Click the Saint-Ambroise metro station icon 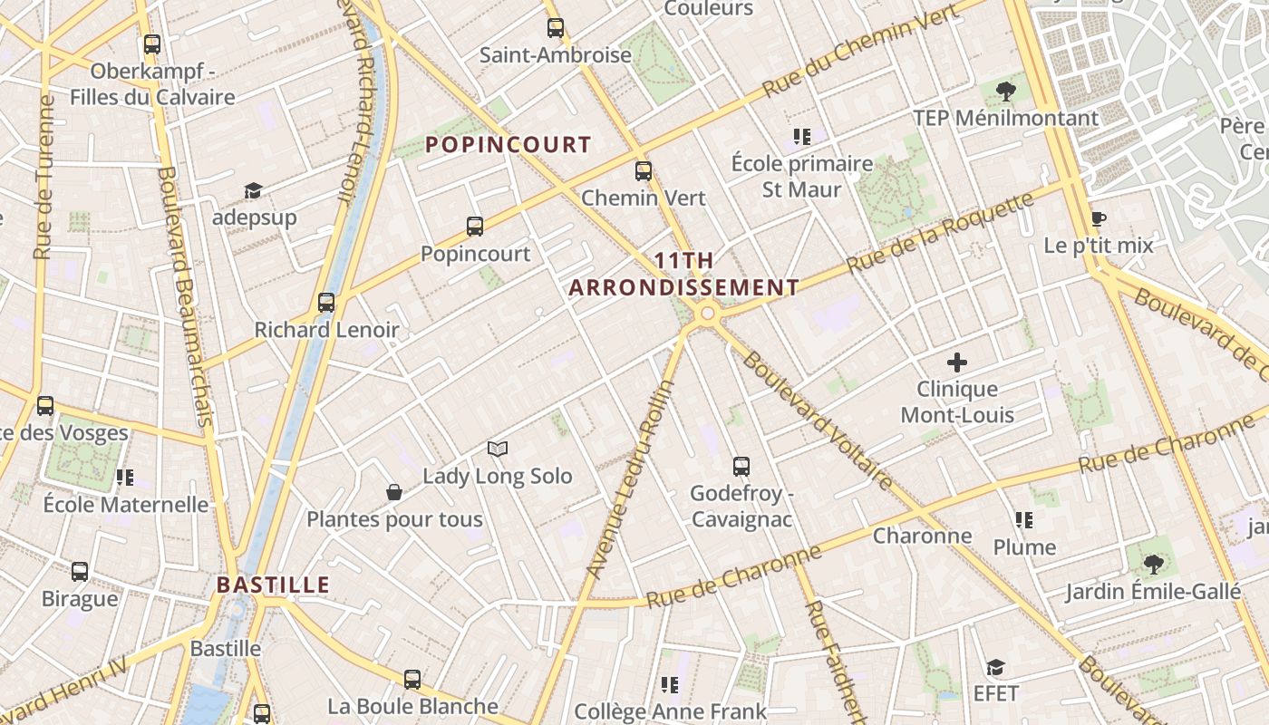555,28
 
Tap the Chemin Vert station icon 643,170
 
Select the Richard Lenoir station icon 326,303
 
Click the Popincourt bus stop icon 474,227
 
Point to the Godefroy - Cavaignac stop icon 741,467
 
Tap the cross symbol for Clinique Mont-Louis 956,363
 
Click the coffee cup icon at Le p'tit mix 1098,218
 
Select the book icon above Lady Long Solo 497,449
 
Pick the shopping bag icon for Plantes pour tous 394,492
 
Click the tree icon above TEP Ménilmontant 1004,91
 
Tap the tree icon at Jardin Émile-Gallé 1153,565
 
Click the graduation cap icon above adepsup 253,190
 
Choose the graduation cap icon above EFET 995,667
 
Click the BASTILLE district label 273,585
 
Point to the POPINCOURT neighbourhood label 508,145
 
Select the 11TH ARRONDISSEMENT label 683,275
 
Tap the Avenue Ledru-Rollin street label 631,478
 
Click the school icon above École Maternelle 124,477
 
